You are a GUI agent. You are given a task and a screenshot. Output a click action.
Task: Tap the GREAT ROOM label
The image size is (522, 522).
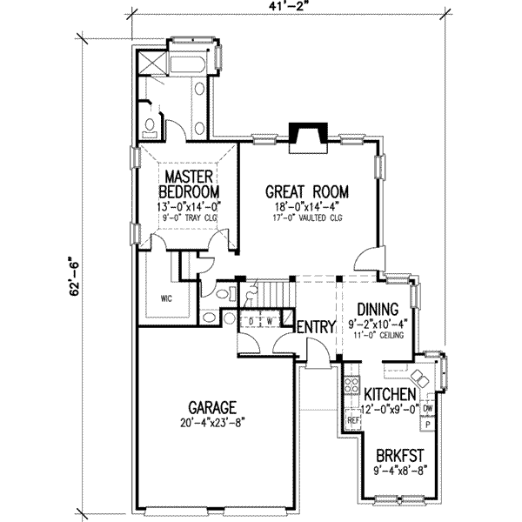pyautogui.click(x=307, y=191)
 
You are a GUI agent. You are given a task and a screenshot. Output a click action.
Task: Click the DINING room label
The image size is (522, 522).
pyautogui.click(x=378, y=309)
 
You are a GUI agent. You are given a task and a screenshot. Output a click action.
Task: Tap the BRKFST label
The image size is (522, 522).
pyautogui.click(x=399, y=455)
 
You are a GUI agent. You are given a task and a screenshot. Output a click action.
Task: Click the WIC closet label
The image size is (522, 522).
pyautogui.click(x=166, y=298)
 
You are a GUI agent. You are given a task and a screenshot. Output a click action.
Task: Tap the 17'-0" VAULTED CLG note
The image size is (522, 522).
pyautogui.click(x=306, y=217)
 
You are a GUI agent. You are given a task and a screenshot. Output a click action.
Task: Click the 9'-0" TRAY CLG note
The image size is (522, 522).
pyautogui.click(x=189, y=218)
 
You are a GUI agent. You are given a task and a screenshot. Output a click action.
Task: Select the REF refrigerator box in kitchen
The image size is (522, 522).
pyautogui.click(x=353, y=418)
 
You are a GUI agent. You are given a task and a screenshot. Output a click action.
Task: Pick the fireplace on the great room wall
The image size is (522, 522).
pyautogui.click(x=309, y=134)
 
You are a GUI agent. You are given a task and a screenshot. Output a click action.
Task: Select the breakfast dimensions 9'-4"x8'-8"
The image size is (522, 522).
pyautogui.click(x=399, y=472)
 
